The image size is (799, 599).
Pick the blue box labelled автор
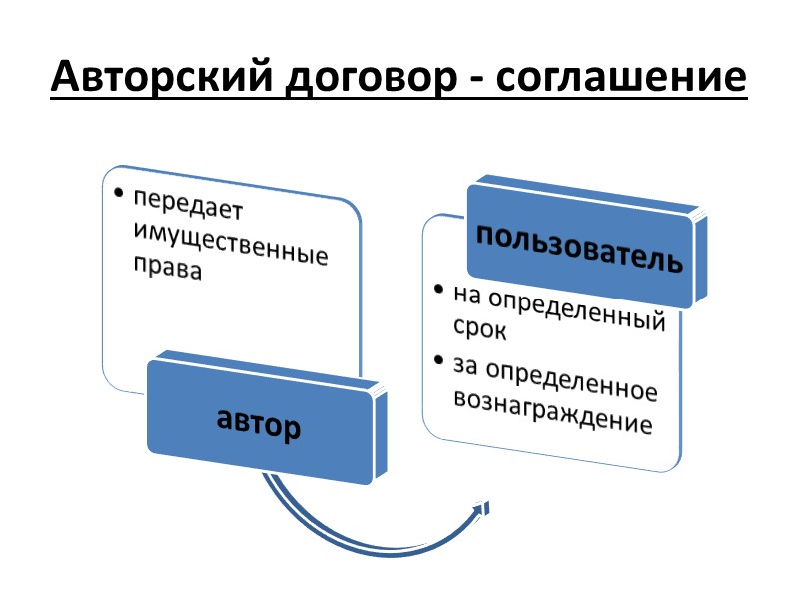click(259, 423)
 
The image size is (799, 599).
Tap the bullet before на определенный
click(439, 291)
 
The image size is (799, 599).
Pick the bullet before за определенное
click(439, 360)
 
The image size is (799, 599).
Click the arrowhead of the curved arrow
click(485, 509)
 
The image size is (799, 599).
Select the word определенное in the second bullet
click(571, 380)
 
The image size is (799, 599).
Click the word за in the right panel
click(465, 365)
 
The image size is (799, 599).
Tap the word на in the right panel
click(466, 296)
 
